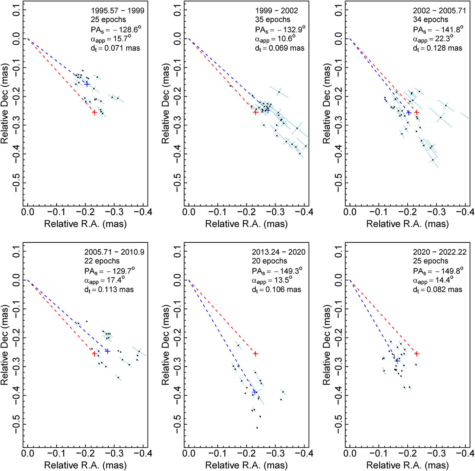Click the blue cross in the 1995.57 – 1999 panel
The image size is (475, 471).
coord(87,84)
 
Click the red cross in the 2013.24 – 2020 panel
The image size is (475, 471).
coord(256,354)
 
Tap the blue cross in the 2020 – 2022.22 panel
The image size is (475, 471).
coord(397,360)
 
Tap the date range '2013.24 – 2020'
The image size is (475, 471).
coord(279,252)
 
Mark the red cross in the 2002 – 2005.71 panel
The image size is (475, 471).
coord(416,112)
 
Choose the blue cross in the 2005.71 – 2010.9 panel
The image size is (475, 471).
coord(107,351)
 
